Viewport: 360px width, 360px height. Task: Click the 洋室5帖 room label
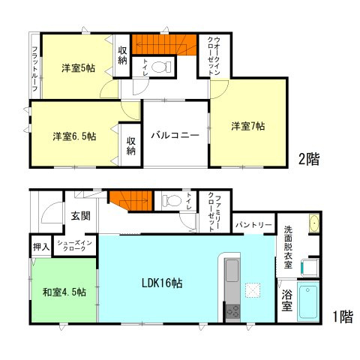coord(78,68)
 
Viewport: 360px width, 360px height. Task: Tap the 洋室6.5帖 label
coord(73,136)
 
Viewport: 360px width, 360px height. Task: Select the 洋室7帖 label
coord(247,126)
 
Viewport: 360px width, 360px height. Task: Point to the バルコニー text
coord(174,136)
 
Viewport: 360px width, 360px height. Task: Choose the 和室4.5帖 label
coord(64,291)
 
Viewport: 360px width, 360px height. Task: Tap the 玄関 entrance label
coord(80,216)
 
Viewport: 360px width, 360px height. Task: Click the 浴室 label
coord(286,297)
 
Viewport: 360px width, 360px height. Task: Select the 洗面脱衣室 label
coord(287,244)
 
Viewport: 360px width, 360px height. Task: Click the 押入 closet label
coord(41,245)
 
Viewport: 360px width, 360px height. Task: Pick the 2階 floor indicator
coord(309,159)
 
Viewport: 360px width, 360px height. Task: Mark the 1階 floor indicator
coord(341,316)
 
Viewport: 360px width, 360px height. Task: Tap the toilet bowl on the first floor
coord(169,200)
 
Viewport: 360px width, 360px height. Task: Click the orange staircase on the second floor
coord(157,44)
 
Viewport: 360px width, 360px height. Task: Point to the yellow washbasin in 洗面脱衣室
coord(314,225)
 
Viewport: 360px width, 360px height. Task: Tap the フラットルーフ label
coord(34,64)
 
